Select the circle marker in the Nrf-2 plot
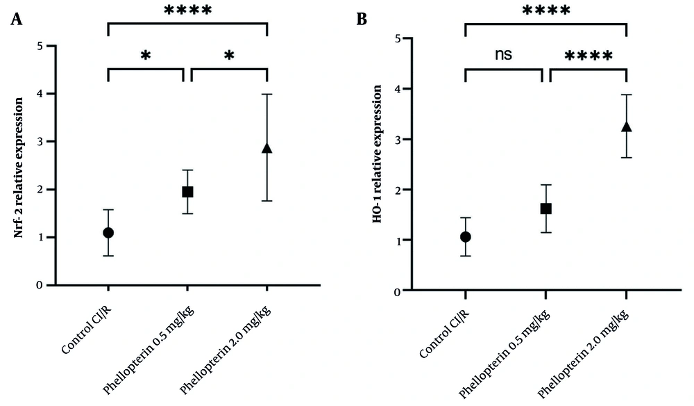point(108,233)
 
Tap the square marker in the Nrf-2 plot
point(187,192)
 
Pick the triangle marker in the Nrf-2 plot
point(267,148)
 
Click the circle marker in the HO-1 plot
point(466,237)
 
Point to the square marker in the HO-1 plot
point(545,209)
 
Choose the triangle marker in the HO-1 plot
point(626,127)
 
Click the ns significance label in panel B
point(504,55)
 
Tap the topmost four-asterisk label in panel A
point(188,11)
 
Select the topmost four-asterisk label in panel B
point(546,11)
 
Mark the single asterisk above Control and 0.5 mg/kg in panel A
point(146,56)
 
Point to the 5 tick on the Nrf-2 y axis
point(41,47)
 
